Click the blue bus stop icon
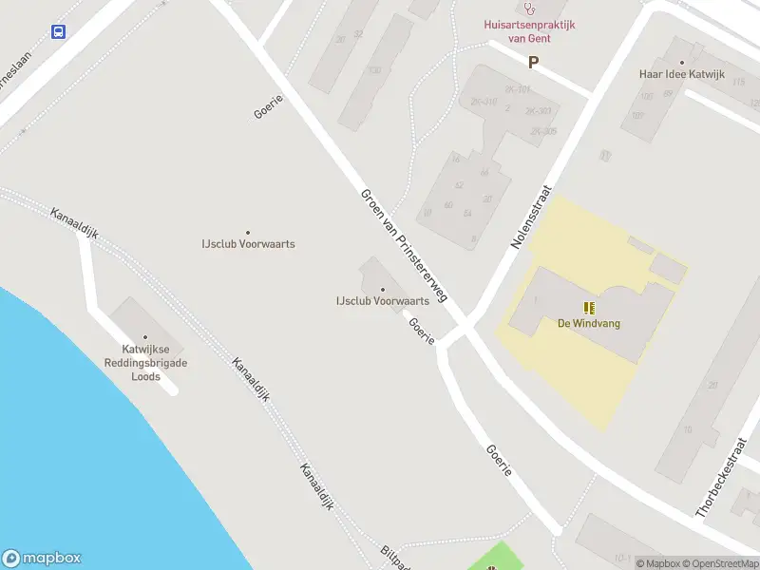pyautogui.click(x=59, y=31)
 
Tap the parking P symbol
pyautogui.click(x=533, y=63)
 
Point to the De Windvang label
pyautogui.click(x=589, y=323)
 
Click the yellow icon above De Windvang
pyautogui.click(x=589, y=307)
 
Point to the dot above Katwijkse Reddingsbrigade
pyautogui.click(x=145, y=337)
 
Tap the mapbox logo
pyautogui.click(x=42, y=559)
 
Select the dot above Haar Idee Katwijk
pyautogui.click(x=681, y=63)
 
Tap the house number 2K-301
pyautogui.click(x=518, y=90)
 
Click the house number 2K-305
pyautogui.click(x=543, y=132)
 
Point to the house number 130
pyautogui.click(x=374, y=69)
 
